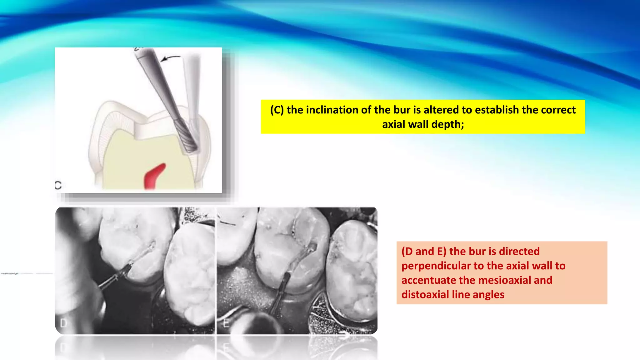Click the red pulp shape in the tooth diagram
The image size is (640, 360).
tap(154, 176)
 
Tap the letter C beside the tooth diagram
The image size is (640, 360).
tap(58, 185)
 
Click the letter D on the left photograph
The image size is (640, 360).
tap(63, 323)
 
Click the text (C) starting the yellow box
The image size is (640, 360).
tap(277, 110)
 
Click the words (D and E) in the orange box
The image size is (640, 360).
tap(424, 252)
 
